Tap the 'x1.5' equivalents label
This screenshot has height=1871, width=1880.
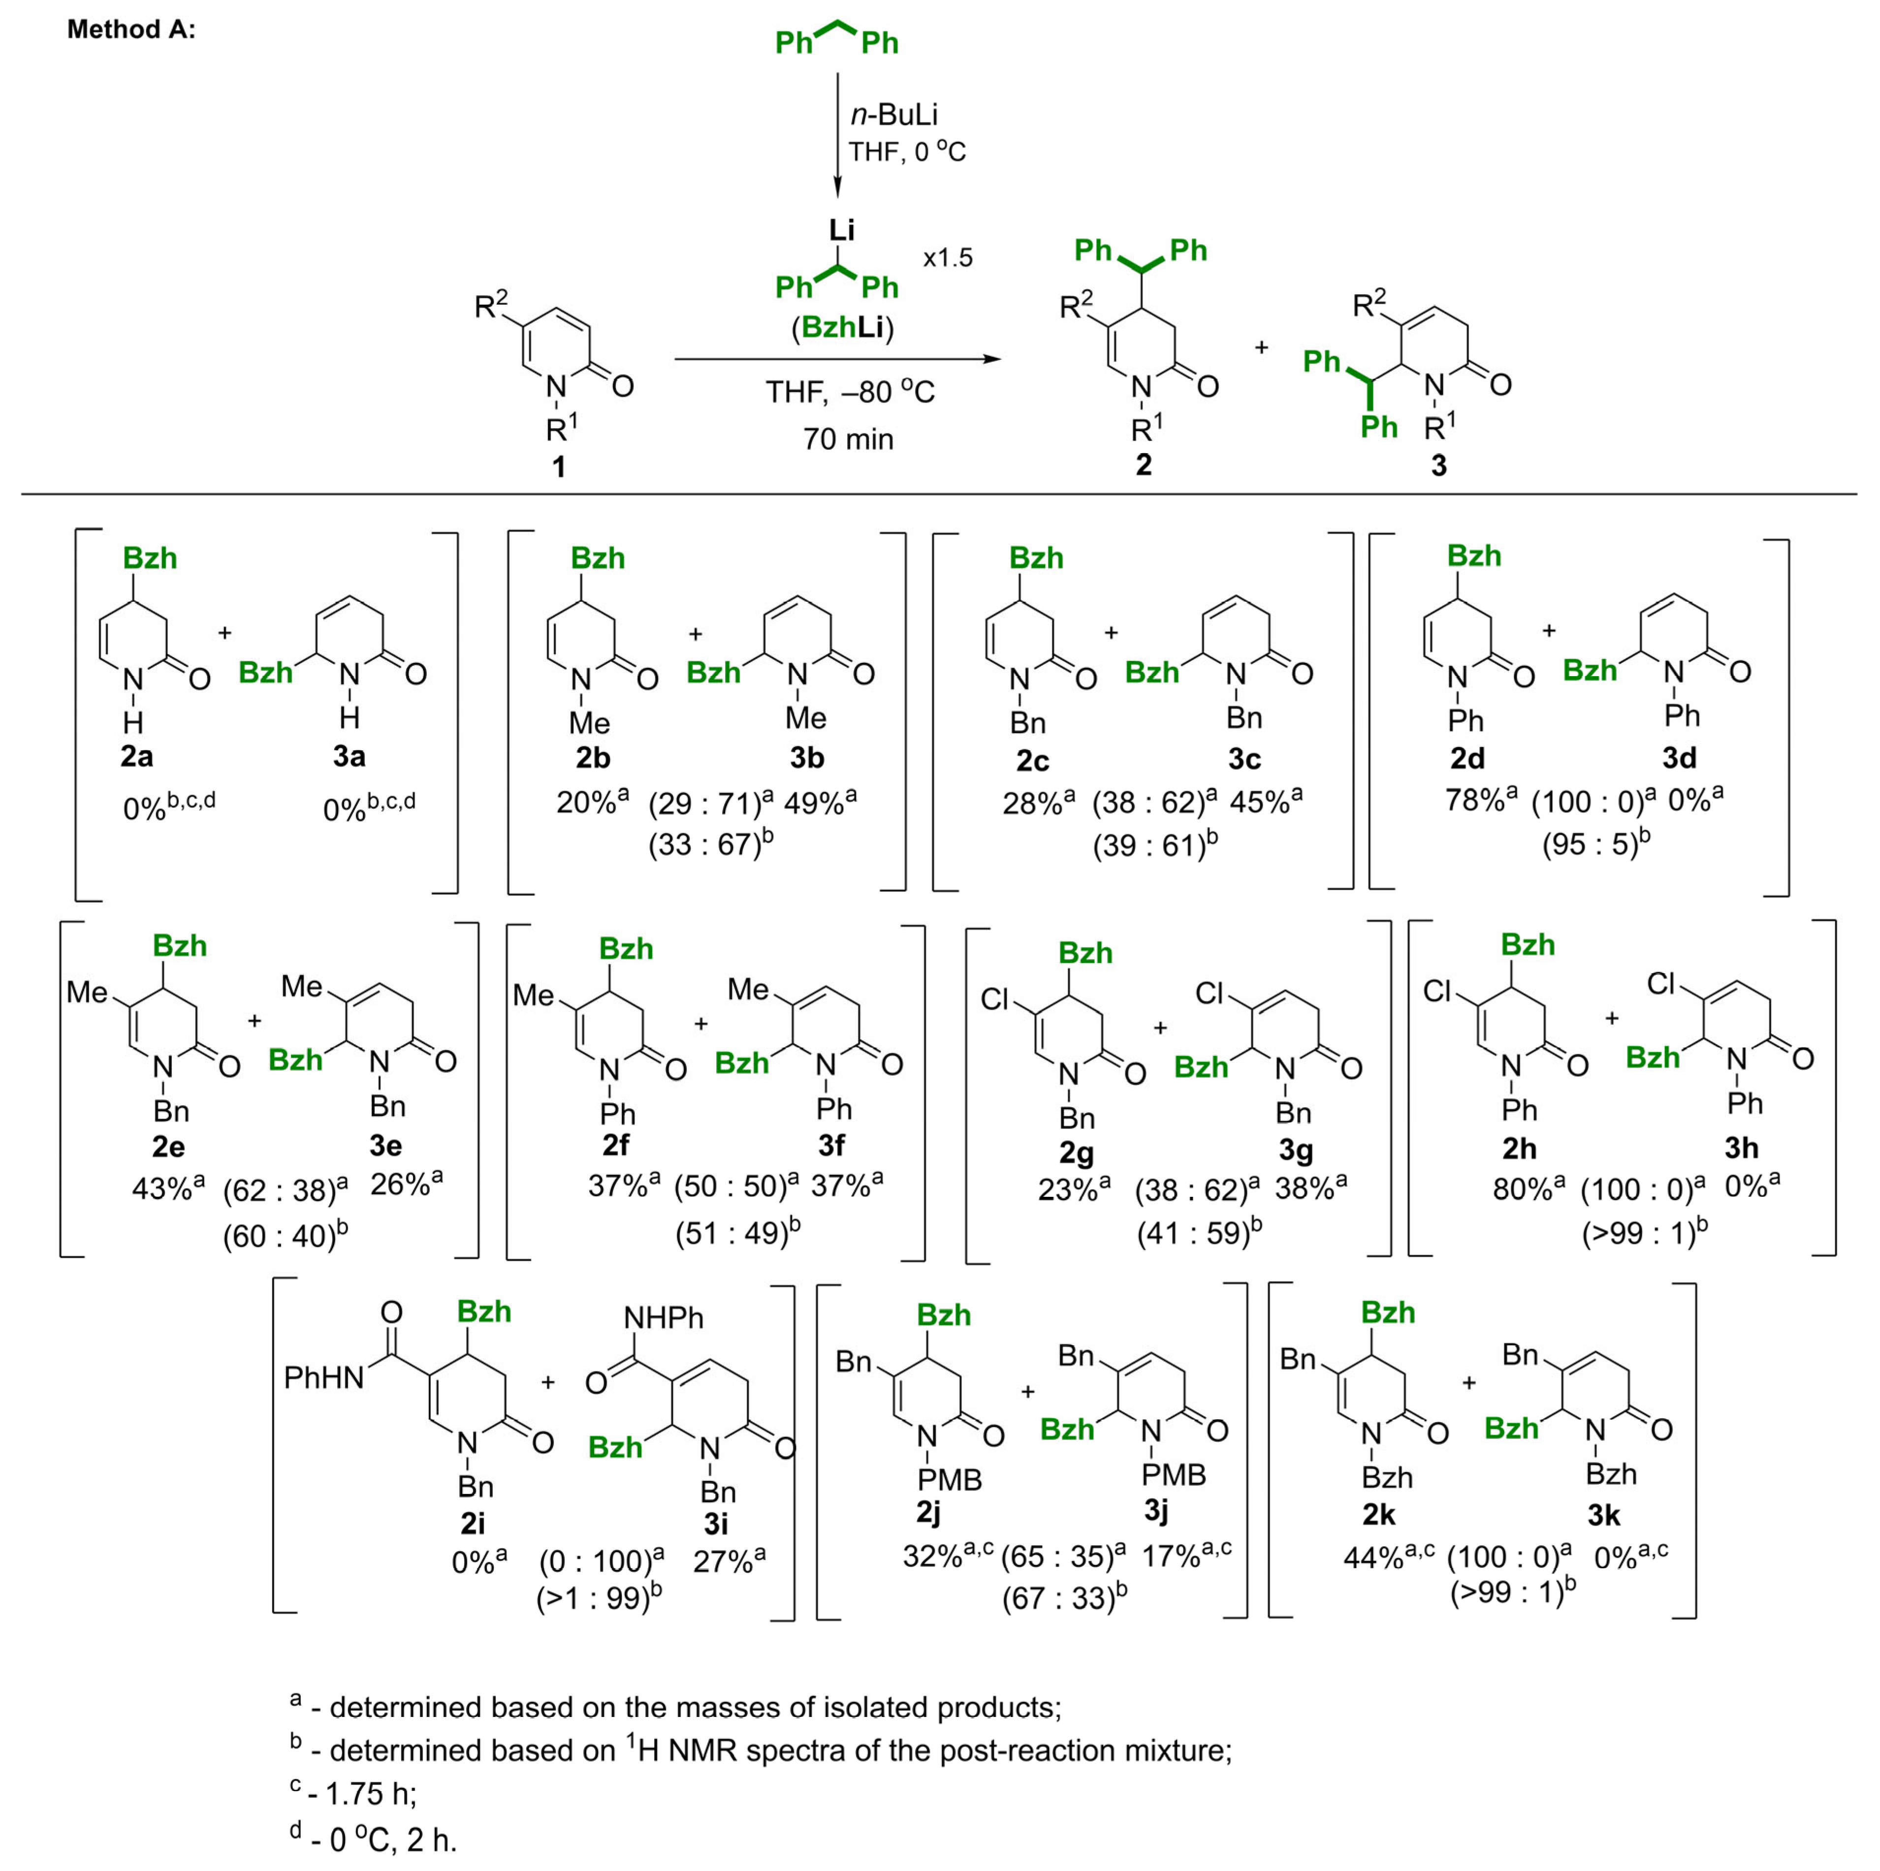tap(948, 258)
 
